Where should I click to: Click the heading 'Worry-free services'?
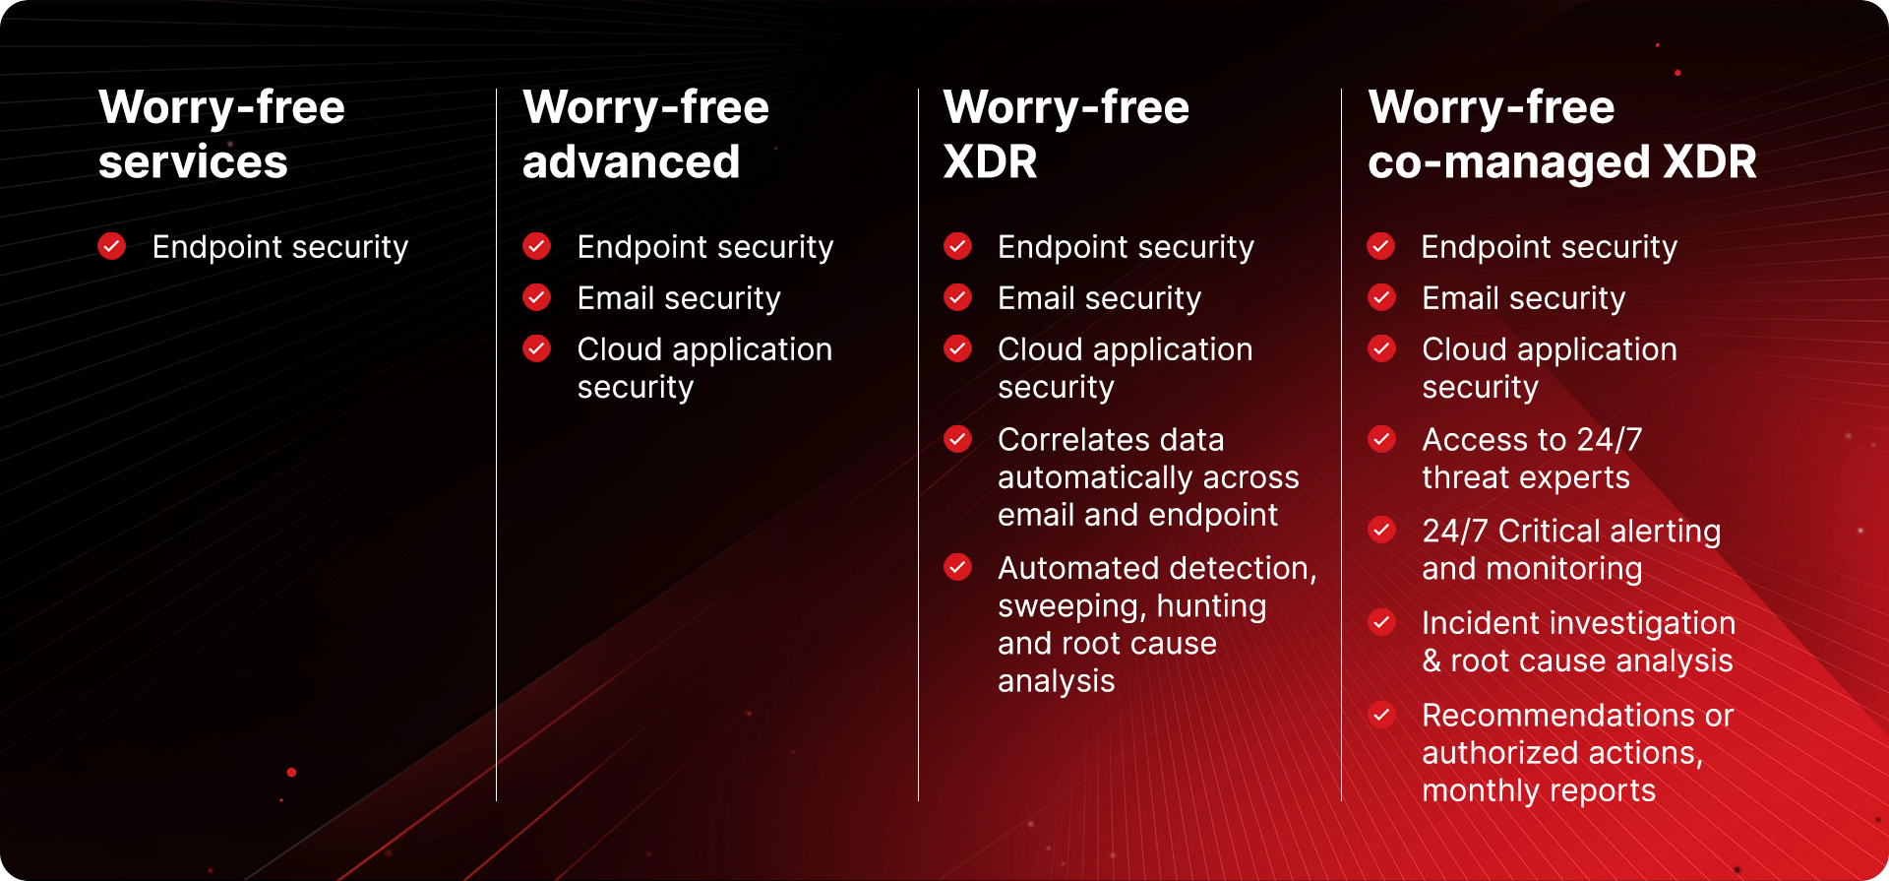(x=221, y=134)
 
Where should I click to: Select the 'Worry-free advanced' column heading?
(x=645, y=134)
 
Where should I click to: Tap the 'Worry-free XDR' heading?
(x=1066, y=134)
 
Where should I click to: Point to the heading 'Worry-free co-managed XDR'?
(x=1561, y=134)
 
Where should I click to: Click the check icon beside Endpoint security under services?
(x=112, y=246)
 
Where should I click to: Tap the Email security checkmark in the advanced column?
(x=537, y=297)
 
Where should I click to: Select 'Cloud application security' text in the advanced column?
(x=703, y=368)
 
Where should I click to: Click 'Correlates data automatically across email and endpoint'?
(x=1147, y=477)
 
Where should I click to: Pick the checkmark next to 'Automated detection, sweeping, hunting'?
(x=958, y=567)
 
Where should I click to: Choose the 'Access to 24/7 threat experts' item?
(x=1531, y=459)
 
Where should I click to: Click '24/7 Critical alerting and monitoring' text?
(x=1570, y=550)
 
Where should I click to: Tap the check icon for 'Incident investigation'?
(x=1382, y=622)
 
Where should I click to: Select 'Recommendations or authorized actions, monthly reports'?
(x=1576, y=753)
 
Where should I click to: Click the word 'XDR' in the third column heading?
(x=990, y=162)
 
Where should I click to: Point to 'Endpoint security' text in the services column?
(x=280, y=247)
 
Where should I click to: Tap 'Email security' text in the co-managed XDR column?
(x=1523, y=298)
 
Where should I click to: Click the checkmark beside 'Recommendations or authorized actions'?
(x=1382, y=715)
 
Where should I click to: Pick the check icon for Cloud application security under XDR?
(x=958, y=348)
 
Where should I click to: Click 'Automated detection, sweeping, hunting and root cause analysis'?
(x=1156, y=624)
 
